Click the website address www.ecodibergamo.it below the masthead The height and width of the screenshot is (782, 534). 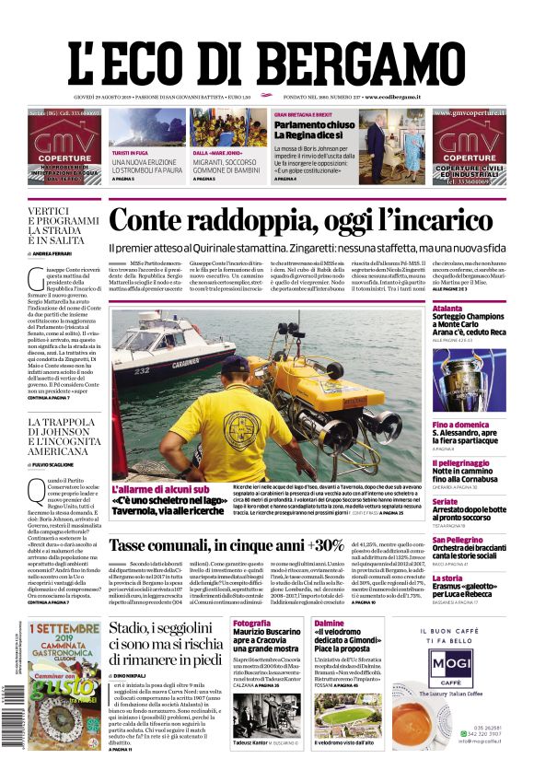click(x=392, y=97)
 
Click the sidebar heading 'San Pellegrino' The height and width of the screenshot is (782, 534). click(x=458, y=540)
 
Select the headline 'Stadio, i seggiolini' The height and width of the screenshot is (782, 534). click(x=164, y=629)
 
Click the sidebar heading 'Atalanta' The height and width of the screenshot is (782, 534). click(x=447, y=309)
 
